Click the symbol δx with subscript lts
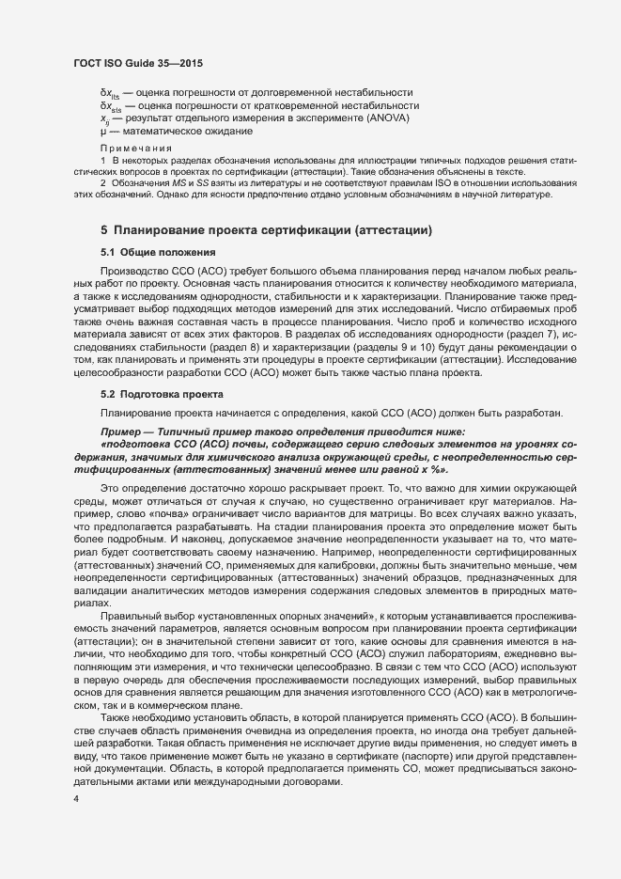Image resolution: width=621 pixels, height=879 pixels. (110, 93)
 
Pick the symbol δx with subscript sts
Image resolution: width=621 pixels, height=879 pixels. (111, 106)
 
